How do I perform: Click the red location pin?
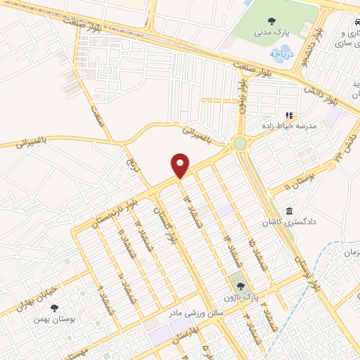click(x=181, y=165)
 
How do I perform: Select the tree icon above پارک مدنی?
click(x=271, y=20)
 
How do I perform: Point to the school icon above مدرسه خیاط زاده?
click(x=288, y=115)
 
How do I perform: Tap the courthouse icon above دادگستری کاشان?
click(x=289, y=211)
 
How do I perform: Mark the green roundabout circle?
click(x=240, y=143)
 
